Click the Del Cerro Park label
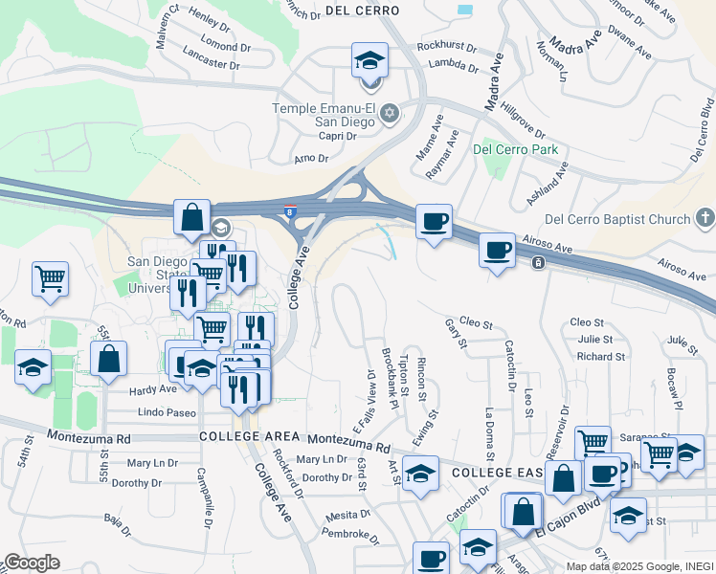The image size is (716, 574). (515, 150)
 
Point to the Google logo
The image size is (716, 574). (32, 562)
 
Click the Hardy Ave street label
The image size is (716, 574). (153, 390)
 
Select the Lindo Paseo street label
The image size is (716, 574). (168, 412)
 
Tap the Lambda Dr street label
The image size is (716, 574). (454, 66)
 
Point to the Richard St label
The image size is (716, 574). (601, 357)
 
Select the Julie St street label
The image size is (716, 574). (594, 339)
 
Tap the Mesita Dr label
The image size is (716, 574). (342, 515)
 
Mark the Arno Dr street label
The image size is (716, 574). (311, 158)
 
